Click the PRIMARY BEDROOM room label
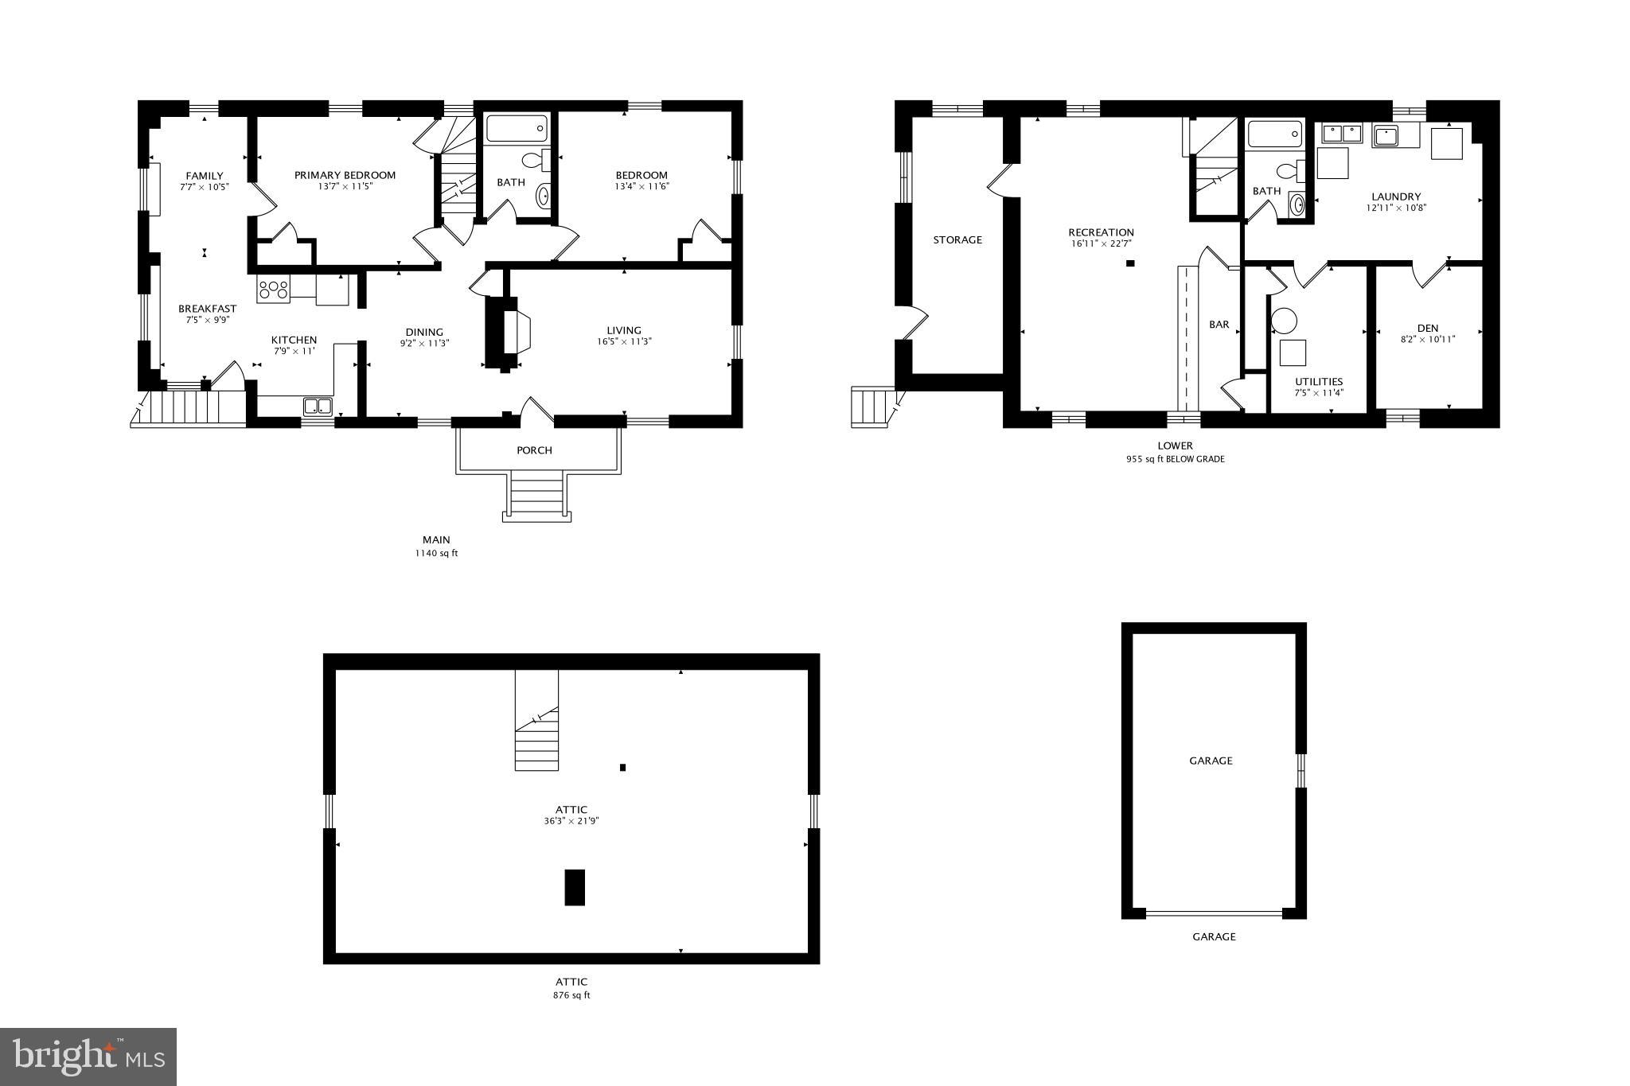coord(345,175)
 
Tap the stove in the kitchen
coord(273,290)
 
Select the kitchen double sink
coord(318,407)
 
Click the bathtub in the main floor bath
coord(517,129)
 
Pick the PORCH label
coord(534,450)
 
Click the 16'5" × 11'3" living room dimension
coord(623,342)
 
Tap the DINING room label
coord(423,333)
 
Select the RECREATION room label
coord(1101,232)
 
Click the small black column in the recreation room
coord(1129,263)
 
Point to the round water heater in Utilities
coord(1283,321)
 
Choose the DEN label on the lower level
coord(1428,328)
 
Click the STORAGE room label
coord(957,239)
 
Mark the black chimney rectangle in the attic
coord(575,887)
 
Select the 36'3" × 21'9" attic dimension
coord(571,821)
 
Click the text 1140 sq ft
coord(436,554)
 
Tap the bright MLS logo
coord(88,1057)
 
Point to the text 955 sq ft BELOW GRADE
coord(1175,459)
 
